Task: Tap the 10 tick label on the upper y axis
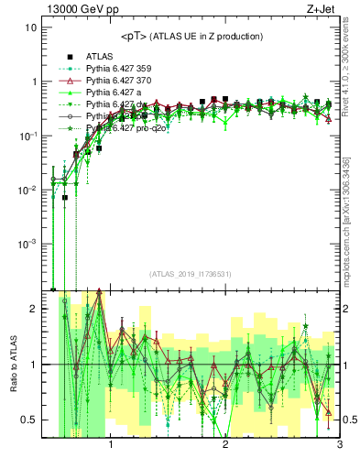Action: tap(30, 27)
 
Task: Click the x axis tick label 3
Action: tap(340, 446)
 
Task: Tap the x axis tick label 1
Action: tap(111, 446)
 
